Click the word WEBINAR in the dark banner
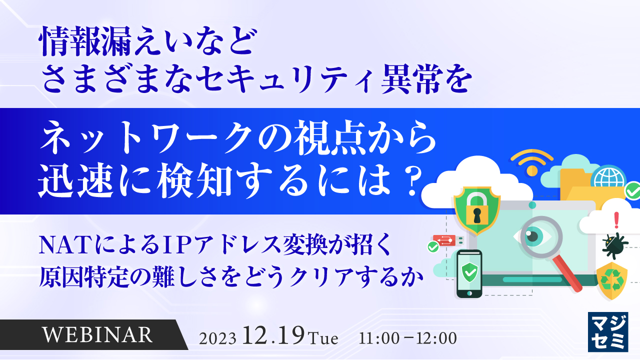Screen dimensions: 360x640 pyautogui.click(x=97, y=334)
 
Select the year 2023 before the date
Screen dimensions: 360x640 pyautogui.click(x=217, y=338)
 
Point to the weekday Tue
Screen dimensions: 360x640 pyautogui.click(x=323, y=338)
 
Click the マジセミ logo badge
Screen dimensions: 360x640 pyautogui.click(x=608, y=332)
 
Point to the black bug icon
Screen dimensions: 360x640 pyautogui.click(x=614, y=244)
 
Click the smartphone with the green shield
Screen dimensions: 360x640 pyautogui.click(x=469, y=273)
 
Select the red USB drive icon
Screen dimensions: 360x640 pyautogui.click(x=444, y=240)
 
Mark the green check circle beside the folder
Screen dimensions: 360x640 pyautogui.click(x=632, y=191)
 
